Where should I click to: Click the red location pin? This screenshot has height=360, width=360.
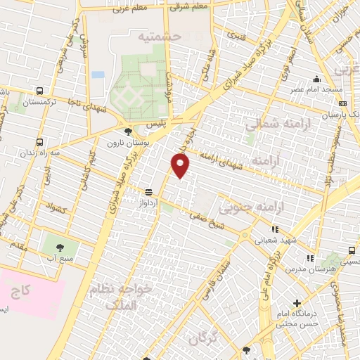(x=181, y=165)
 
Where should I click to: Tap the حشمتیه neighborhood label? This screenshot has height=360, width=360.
(x=159, y=36)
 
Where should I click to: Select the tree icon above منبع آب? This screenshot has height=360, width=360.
(x=58, y=247)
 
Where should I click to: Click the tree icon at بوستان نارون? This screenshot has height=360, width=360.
(x=127, y=131)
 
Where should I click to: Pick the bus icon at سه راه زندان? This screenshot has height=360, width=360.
(x=39, y=142)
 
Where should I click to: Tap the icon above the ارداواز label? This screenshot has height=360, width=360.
(x=148, y=191)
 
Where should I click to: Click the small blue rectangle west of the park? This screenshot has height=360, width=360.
(x=98, y=75)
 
